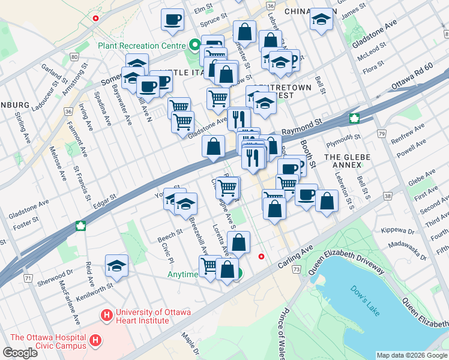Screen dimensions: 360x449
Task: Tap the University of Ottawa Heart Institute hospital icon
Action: (107, 314)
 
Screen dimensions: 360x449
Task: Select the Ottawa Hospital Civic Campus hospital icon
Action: (95, 341)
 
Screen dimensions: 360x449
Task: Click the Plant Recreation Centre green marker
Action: (194, 44)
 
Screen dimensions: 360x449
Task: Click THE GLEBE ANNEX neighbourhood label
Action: (348, 157)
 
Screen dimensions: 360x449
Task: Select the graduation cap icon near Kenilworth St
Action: (116, 265)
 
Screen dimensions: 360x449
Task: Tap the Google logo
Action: (20, 353)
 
